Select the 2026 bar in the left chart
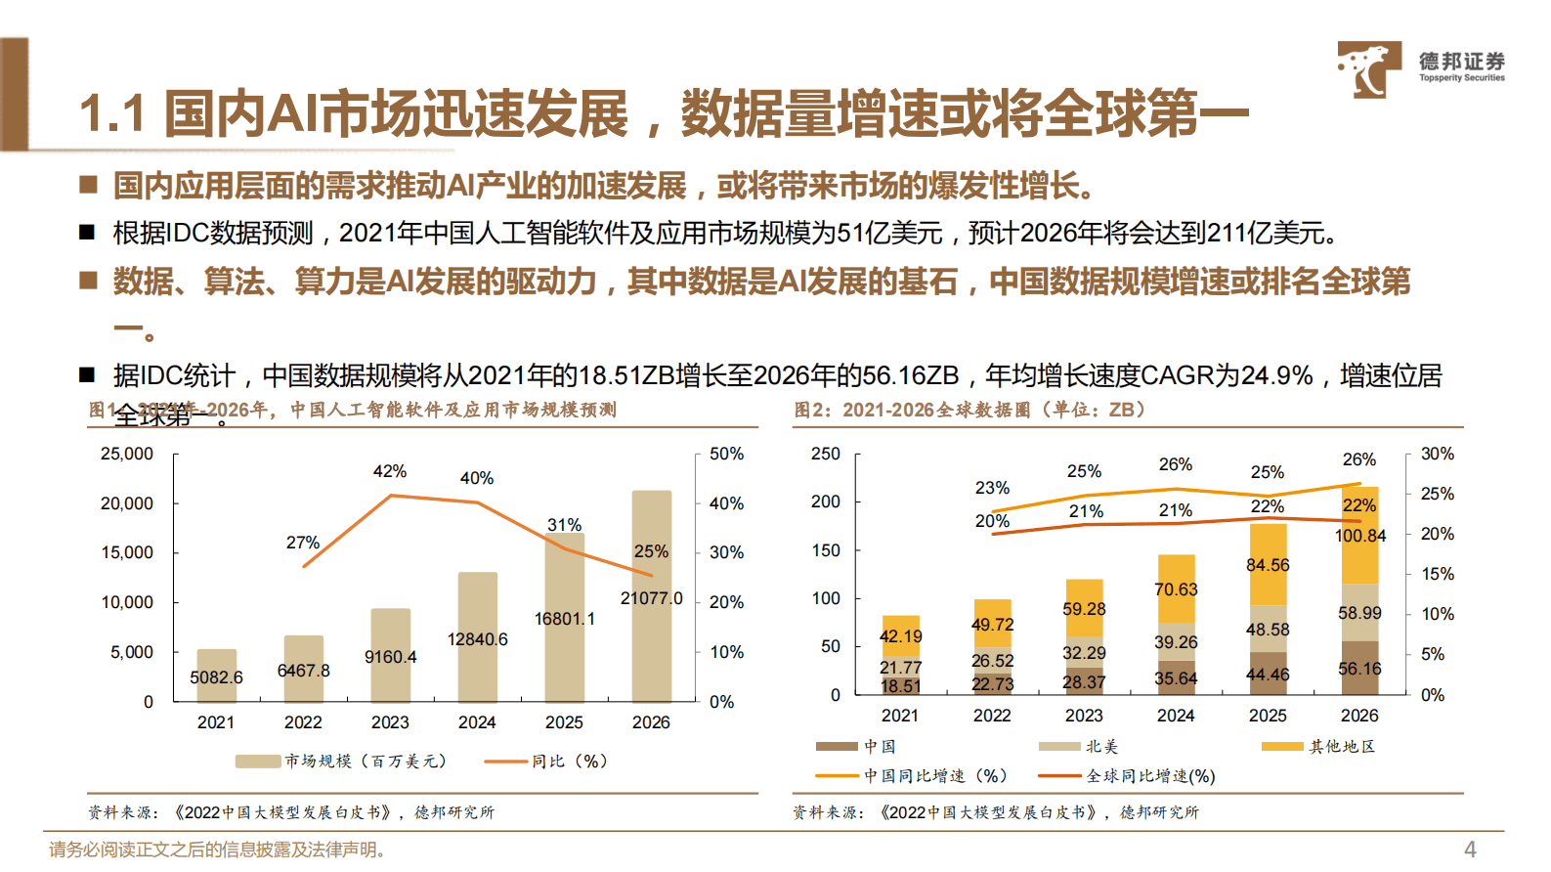tap(651, 596)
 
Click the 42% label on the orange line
tap(389, 471)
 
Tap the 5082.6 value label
tap(216, 677)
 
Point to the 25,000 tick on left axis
tap(127, 455)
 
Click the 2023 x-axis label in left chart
tap(390, 722)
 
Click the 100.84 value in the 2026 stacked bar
tap(1360, 536)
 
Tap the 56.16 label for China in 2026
tap(1359, 669)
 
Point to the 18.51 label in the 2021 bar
tap(900, 686)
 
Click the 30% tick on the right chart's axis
tap(1437, 455)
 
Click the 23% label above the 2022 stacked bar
tap(992, 488)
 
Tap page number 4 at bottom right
tap(1470, 849)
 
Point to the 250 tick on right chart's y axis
tap(826, 455)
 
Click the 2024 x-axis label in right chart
tap(1176, 716)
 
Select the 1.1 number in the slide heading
tap(111, 113)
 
